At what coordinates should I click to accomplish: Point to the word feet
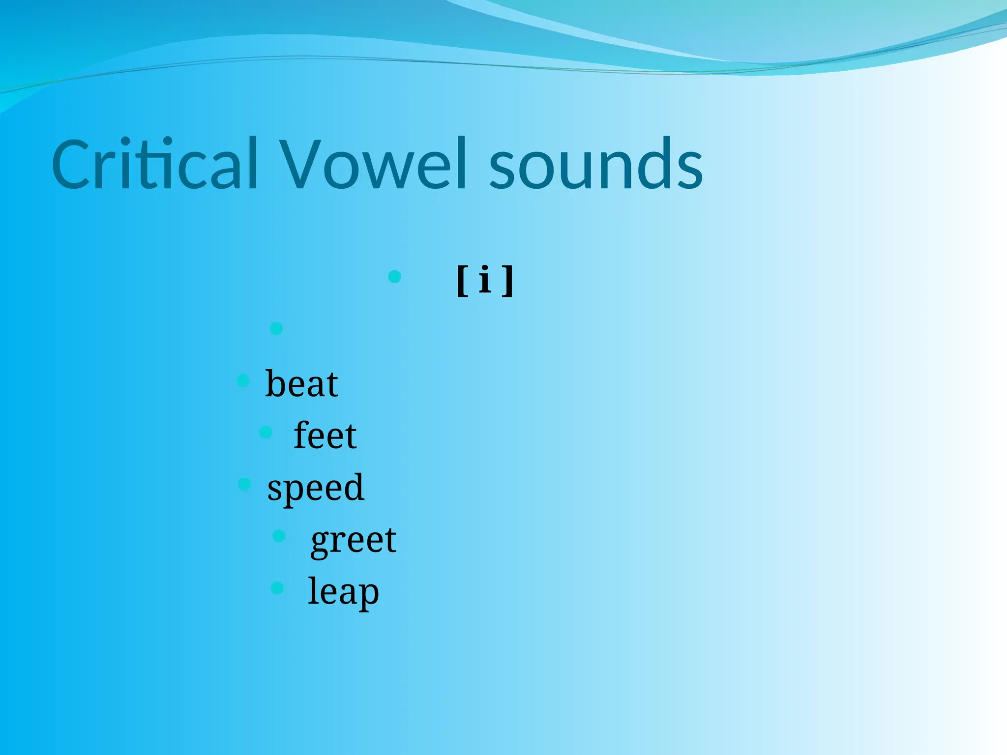325,436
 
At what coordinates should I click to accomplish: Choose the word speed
316,488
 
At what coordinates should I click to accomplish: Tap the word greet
354,540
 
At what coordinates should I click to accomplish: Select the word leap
343,592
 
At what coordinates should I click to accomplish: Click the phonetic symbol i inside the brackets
485,279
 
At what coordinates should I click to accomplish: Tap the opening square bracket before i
462,281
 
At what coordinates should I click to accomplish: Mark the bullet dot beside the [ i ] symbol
394,277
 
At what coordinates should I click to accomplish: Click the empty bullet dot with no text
276,328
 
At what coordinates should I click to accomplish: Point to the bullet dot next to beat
243,380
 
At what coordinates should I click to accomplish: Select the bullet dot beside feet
266,433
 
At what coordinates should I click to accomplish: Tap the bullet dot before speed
244,484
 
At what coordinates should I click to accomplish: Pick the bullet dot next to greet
279,536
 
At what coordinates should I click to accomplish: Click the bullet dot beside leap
277,588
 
